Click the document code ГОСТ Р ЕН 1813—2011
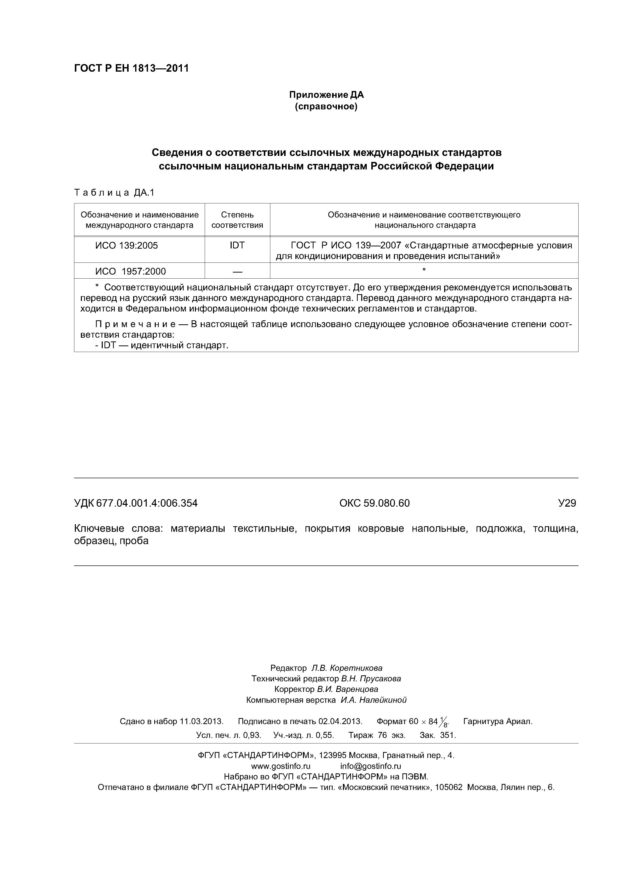pyautogui.click(x=131, y=69)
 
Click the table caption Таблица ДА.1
pyautogui.click(x=114, y=193)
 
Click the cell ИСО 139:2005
pyautogui.click(x=127, y=246)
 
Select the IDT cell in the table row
pyautogui.click(x=237, y=246)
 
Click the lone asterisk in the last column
pyautogui.click(x=424, y=271)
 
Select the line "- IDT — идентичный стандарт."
pyautogui.click(x=162, y=345)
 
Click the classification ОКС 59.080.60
pyautogui.click(x=374, y=503)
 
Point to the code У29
pyautogui.click(x=567, y=503)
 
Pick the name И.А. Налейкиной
pyautogui.click(x=373, y=700)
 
